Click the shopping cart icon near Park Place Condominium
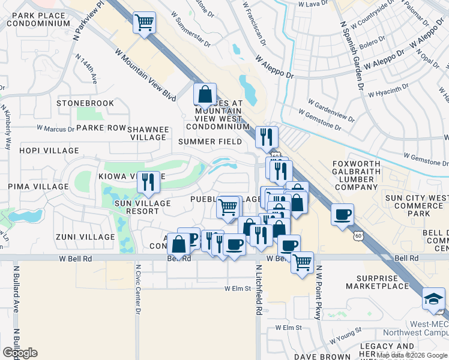[144, 23]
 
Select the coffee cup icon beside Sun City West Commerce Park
[342, 215]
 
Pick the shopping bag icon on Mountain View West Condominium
[205, 95]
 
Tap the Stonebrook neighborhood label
[85, 103]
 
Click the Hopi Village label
[49, 151]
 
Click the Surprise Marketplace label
[385, 283]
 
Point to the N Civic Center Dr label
[137, 290]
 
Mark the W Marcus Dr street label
[55, 128]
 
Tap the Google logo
[20, 353]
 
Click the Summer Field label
[210, 142]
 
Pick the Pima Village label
[39, 187]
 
